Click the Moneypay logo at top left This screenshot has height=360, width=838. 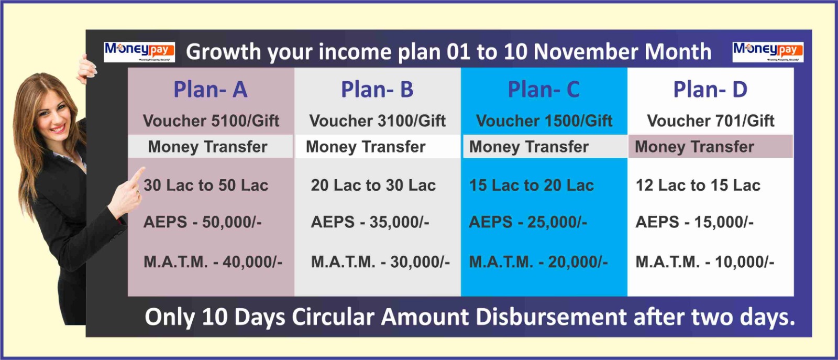pos(139,52)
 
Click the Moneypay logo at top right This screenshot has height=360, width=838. pos(768,52)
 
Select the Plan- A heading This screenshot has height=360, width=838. pos(211,90)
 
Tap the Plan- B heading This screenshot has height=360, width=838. pos(377,90)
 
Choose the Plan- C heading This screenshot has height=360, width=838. pos(544,90)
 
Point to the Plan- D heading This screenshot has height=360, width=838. pos(710,90)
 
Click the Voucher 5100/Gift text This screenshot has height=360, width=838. pos(211,121)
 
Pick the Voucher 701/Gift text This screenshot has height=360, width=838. pos(711,121)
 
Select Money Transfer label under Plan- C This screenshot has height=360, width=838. pos(529,147)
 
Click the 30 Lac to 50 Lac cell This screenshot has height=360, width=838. pos(206,185)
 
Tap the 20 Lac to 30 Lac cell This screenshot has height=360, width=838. pos(373,185)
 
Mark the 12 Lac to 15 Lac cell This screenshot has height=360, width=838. pos(698,185)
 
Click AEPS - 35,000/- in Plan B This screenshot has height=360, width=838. pos(370,222)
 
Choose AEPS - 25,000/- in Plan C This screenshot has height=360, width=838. pos(528,222)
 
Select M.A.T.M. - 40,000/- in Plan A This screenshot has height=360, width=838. pos(213,262)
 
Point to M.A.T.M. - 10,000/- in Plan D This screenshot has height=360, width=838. pos(705,262)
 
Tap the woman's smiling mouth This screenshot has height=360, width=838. pos(58,129)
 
